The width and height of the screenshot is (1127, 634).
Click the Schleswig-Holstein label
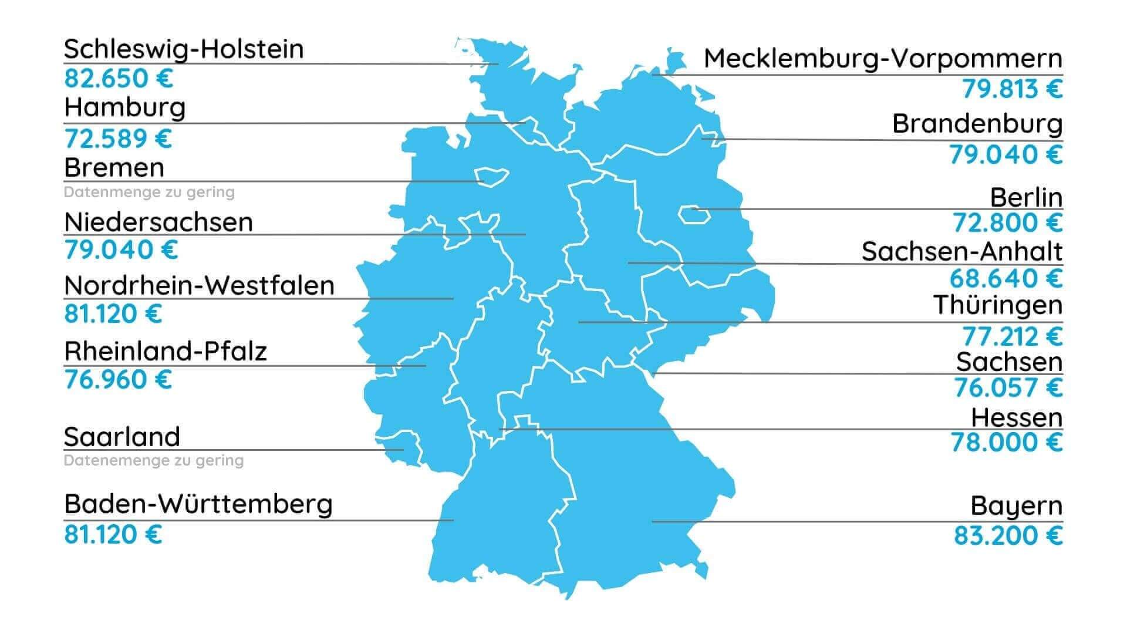[x=184, y=49]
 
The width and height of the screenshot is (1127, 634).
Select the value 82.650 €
[x=119, y=79]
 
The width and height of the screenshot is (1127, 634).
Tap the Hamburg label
[x=124, y=108]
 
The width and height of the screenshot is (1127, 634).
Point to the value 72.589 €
[x=118, y=139]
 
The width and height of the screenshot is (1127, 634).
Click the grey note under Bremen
[x=149, y=193]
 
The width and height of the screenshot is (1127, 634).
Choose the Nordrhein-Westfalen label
[x=199, y=286]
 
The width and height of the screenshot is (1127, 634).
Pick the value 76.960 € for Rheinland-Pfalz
[x=118, y=380]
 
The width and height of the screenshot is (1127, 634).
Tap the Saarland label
[x=122, y=437]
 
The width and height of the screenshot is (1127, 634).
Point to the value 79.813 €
[x=1012, y=89]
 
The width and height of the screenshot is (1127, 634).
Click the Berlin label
[x=1026, y=198]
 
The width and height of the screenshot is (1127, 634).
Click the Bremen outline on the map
[x=491, y=176]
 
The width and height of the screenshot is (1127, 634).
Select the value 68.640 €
[x=1006, y=278]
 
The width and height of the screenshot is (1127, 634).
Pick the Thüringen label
[x=997, y=305]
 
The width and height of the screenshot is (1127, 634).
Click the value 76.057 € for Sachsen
[x=1008, y=387]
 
